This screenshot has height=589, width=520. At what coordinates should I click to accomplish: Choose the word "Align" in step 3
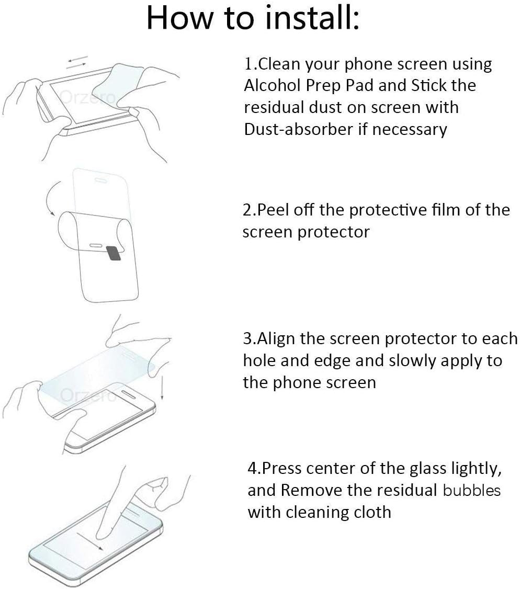click(x=277, y=338)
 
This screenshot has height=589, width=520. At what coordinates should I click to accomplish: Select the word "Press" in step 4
click(x=281, y=468)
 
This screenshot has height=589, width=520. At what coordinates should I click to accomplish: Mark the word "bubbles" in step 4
click(x=471, y=490)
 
